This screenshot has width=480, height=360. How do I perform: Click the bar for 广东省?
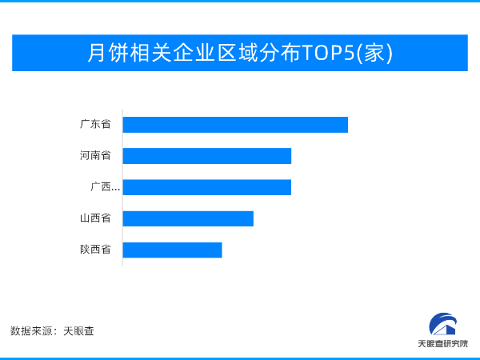point(235,125)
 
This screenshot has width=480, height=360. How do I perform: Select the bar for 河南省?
point(207,156)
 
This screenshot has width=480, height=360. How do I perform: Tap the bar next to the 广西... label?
point(207,187)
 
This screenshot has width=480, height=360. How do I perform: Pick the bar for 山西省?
point(188,218)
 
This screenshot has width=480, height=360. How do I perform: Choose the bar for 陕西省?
point(172,250)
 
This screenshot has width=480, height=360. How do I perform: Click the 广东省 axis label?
point(95,124)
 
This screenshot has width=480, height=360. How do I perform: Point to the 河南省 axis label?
point(95,155)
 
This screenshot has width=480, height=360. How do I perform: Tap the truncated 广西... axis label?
point(105,186)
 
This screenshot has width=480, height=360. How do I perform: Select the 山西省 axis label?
point(95,218)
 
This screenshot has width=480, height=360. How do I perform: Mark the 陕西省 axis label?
point(95,250)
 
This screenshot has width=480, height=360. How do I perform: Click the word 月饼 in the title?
point(108,53)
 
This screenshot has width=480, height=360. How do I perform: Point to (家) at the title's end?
point(374,54)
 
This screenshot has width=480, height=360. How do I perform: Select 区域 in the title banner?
point(238,53)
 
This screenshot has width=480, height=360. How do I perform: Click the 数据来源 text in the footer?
point(31,331)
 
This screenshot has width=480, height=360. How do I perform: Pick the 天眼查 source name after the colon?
point(78,331)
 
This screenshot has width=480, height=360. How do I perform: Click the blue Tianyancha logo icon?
point(443,324)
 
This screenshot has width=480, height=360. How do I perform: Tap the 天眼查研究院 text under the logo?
point(443,344)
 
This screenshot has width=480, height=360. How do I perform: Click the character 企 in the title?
point(184,53)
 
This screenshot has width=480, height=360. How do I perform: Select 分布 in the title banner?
point(280,53)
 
